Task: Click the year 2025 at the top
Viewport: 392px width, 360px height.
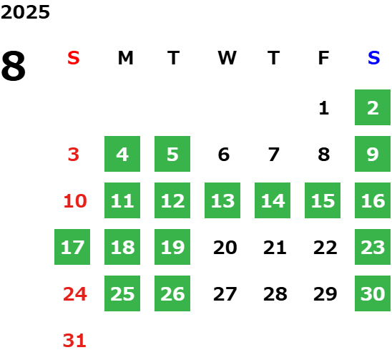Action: (x=25, y=12)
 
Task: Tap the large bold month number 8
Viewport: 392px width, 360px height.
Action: (x=14, y=66)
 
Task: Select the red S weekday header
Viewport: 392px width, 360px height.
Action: (x=74, y=58)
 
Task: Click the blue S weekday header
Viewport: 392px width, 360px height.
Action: (x=373, y=58)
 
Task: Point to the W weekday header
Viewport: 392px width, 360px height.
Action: (x=227, y=58)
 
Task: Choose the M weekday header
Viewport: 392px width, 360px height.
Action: (x=125, y=58)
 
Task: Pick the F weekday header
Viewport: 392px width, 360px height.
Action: (x=324, y=58)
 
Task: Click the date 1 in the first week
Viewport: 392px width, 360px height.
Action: (x=324, y=108)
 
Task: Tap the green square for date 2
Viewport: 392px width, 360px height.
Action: (x=373, y=107)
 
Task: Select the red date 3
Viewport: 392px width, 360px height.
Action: (x=74, y=155)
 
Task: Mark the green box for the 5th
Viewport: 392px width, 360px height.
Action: (x=172, y=154)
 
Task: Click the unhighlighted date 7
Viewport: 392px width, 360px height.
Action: (x=274, y=155)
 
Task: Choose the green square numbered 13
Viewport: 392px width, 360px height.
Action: (x=222, y=200)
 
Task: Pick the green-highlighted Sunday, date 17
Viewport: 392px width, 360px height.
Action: (x=72, y=247)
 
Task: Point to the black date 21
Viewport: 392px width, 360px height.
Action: (x=275, y=248)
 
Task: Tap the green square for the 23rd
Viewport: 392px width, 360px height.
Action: (x=373, y=247)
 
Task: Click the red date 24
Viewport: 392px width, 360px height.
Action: (x=75, y=294)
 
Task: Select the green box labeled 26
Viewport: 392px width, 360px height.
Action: (x=172, y=293)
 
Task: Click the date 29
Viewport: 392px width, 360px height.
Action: (x=325, y=294)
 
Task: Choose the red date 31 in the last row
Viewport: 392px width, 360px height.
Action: (x=74, y=341)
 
